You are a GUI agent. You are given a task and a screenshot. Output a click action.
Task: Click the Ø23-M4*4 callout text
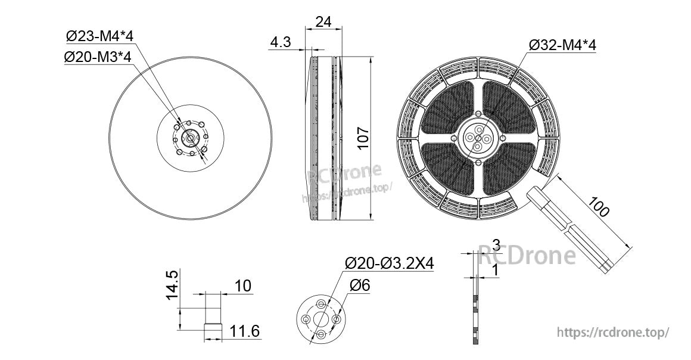point(99,36)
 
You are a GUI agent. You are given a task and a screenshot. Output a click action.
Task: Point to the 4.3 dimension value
point(280,42)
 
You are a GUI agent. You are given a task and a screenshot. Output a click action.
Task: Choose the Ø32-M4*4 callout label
point(562,45)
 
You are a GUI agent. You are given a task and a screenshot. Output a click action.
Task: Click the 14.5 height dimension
point(172,285)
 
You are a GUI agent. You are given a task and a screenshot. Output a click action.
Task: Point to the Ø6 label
point(360,286)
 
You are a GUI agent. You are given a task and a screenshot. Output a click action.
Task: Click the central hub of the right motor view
point(478,138)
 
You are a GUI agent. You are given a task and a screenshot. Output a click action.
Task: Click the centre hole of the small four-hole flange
point(321,319)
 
